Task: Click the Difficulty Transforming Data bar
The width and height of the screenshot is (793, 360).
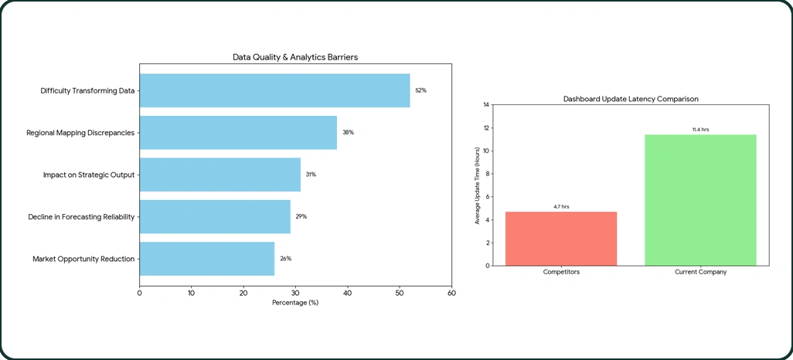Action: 274,90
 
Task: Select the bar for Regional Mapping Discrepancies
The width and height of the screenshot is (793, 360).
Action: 238,132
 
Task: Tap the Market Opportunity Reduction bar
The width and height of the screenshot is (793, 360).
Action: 206,258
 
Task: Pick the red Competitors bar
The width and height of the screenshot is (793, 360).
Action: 561,239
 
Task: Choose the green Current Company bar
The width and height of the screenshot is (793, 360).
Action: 700,200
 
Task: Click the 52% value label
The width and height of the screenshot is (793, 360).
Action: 420,90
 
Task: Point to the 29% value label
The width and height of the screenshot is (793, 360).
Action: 301,216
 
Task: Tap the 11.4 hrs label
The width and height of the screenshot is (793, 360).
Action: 700,129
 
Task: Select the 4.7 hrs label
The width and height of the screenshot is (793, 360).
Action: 561,206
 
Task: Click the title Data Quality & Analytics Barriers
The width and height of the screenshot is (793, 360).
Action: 295,57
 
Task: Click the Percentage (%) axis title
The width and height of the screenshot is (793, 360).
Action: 295,303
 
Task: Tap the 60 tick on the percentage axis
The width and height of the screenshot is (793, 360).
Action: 451,293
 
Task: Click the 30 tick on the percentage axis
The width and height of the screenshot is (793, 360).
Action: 295,293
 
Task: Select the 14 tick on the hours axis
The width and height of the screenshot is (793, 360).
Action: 486,104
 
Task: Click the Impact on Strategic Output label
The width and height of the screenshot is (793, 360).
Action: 89,175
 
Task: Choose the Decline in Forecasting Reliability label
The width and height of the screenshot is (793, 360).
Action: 82,216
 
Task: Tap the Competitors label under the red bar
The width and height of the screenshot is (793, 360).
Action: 561,273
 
